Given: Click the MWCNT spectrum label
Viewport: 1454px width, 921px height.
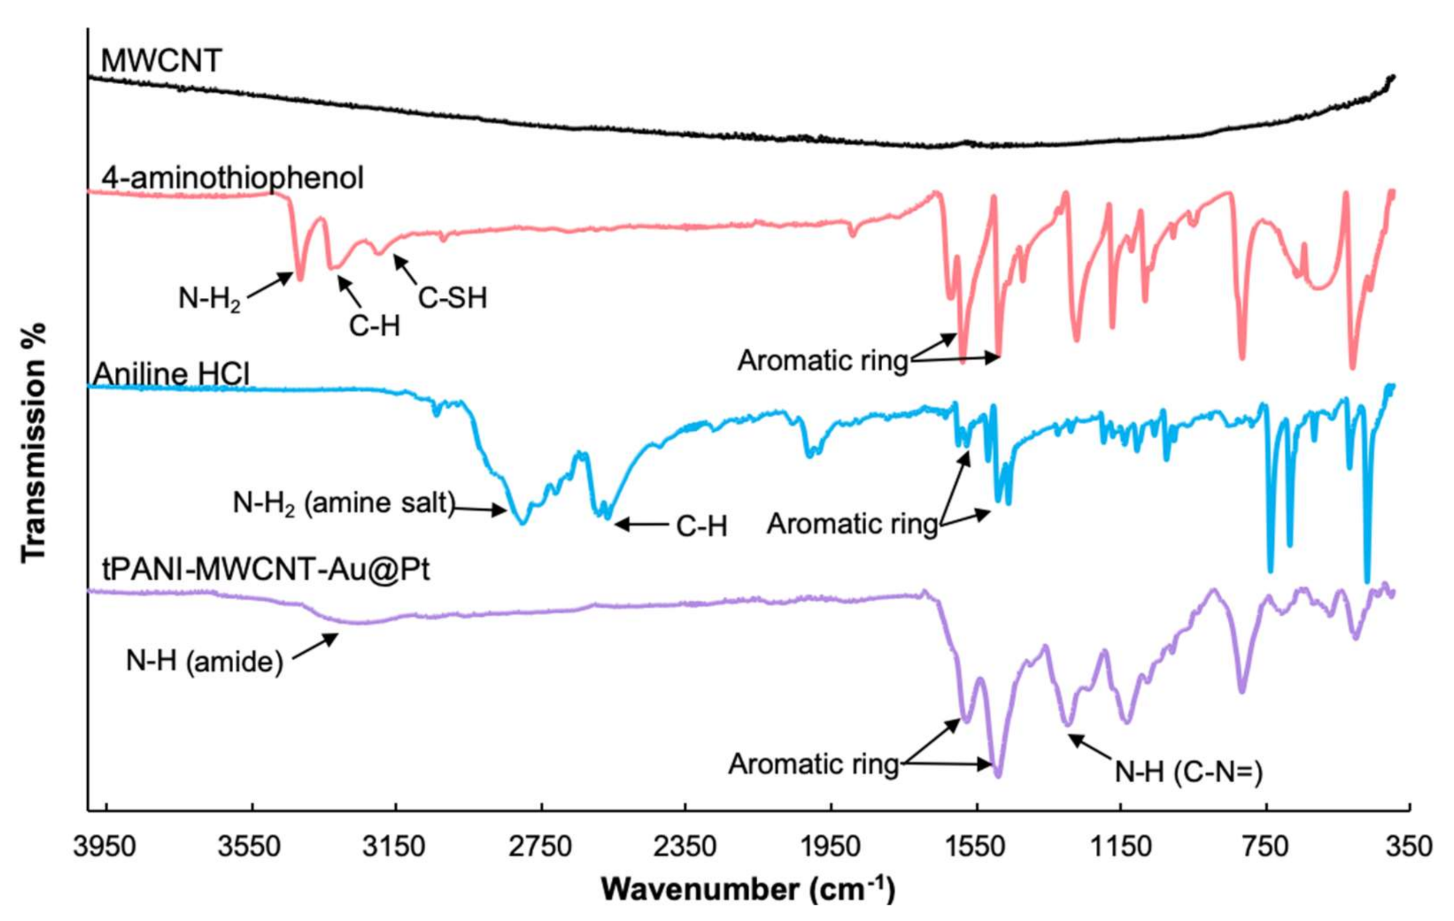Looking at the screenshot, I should click(x=161, y=61).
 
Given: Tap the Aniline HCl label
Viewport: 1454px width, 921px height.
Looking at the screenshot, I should click(x=171, y=374).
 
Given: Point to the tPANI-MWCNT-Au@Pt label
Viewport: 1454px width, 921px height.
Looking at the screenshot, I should click(x=266, y=569).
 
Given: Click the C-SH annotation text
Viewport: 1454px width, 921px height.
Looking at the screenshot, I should click(x=452, y=298).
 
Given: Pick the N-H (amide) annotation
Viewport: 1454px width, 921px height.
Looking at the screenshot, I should click(x=204, y=662).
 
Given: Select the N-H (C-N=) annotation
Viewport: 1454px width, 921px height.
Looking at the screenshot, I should click(x=1188, y=772).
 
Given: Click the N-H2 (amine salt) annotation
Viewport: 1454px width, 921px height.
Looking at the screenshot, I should click(x=343, y=503).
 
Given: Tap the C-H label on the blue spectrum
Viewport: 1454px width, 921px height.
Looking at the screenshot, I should click(x=701, y=527).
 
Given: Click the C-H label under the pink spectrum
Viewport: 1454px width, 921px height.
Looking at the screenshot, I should click(x=375, y=327).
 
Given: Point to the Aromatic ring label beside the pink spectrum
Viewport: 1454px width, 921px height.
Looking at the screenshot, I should click(x=823, y=361).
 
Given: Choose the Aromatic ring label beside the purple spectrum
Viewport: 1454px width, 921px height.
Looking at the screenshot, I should click(x=813, y=764).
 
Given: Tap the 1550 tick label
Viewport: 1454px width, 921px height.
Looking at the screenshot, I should click(x=975, y=847).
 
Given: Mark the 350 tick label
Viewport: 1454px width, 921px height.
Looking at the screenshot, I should click(x=1409, y=847).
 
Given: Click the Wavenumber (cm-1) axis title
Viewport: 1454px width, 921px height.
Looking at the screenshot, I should click(x=747, y=889).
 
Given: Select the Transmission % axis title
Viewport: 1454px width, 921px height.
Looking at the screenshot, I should click(x=34, y=444).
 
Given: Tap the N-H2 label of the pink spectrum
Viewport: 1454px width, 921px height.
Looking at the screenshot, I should click(x=210, y=299).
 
